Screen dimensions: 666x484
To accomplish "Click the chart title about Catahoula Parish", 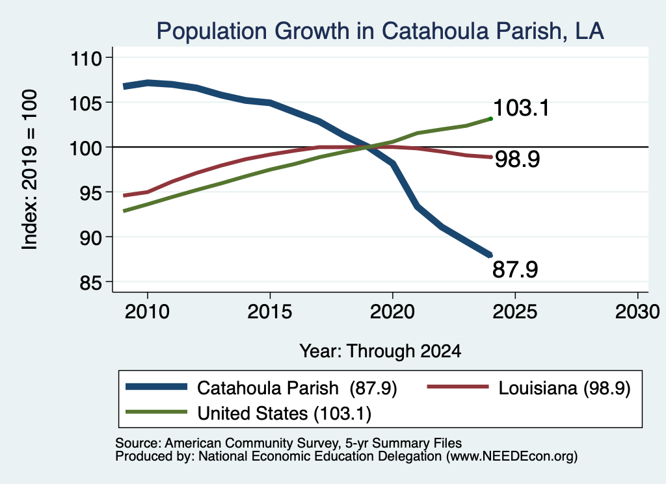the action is click(x=380, y=31).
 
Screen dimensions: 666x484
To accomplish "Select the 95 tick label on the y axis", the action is click(x=91, y=192).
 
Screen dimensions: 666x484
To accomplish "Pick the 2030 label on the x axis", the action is click(x=637, y=312).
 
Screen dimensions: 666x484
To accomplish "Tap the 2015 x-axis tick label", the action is click(x=270, y=312).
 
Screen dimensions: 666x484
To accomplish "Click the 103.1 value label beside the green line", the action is click(x=521, y=108).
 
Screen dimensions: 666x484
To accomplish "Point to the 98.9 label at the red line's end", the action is click(x=517, y=160).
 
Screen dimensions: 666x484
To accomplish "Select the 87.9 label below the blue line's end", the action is click(x=515, y=270).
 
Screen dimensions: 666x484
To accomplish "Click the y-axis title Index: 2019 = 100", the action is click(x=30, y=170).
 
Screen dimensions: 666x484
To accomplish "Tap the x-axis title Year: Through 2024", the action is click(x=380, y=351).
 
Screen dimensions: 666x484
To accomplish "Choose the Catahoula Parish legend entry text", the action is click(x=297, y=388).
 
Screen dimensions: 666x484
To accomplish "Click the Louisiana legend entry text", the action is click(x=565, y=388).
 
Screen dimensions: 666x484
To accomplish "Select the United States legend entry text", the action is click(x=284, y=413).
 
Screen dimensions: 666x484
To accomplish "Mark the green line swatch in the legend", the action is click(x=156, y=412).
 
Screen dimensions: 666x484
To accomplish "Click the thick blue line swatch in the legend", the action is click(x=156, y=387).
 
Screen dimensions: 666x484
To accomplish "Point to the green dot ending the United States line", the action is click(x=490, y=119).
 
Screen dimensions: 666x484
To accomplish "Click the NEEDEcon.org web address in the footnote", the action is click(x=510, y=456).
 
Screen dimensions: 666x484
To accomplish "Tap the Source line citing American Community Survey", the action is click(x=288, y=443).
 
